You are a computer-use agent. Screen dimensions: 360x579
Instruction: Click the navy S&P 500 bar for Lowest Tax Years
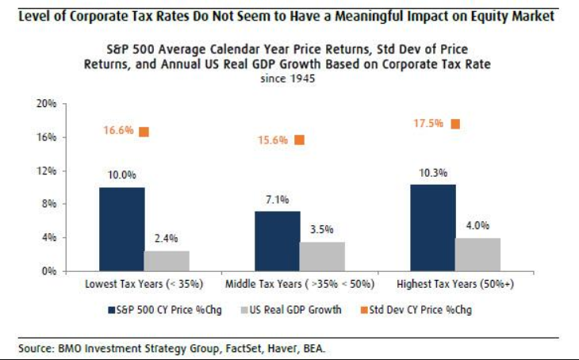121,229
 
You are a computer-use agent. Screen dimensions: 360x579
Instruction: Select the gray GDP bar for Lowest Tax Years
167,261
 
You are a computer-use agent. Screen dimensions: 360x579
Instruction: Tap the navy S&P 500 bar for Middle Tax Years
277,241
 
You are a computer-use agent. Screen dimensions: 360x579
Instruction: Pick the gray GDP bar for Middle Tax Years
322,256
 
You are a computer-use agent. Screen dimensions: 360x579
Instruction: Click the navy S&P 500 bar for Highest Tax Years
433,228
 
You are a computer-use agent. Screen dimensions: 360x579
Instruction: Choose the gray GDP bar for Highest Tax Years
477,254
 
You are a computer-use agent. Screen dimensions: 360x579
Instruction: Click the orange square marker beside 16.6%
144,132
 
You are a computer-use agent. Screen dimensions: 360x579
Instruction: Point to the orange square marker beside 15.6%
299,140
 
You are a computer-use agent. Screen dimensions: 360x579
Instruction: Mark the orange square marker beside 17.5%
454,124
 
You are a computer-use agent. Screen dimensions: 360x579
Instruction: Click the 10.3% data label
433,173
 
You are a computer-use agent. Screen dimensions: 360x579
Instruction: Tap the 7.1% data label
277,200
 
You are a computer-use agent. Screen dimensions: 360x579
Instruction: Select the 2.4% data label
167,239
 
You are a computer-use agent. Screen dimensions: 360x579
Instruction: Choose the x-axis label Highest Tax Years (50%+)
455,283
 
